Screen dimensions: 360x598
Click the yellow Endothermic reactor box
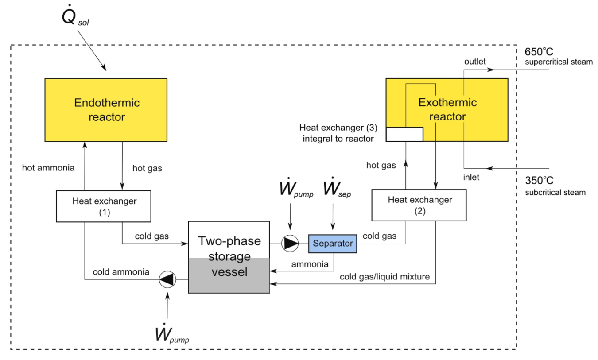106,110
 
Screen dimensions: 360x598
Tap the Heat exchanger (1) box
104,206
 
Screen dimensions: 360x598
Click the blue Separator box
333,244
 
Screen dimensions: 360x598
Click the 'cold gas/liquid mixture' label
384,277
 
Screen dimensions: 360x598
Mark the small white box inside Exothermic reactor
404,134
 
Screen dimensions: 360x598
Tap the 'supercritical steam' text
558,62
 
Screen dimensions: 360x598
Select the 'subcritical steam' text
555,193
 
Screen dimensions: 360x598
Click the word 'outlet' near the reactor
474,62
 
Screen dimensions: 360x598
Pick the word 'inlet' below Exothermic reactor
471,177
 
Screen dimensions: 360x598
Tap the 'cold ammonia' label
121,271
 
